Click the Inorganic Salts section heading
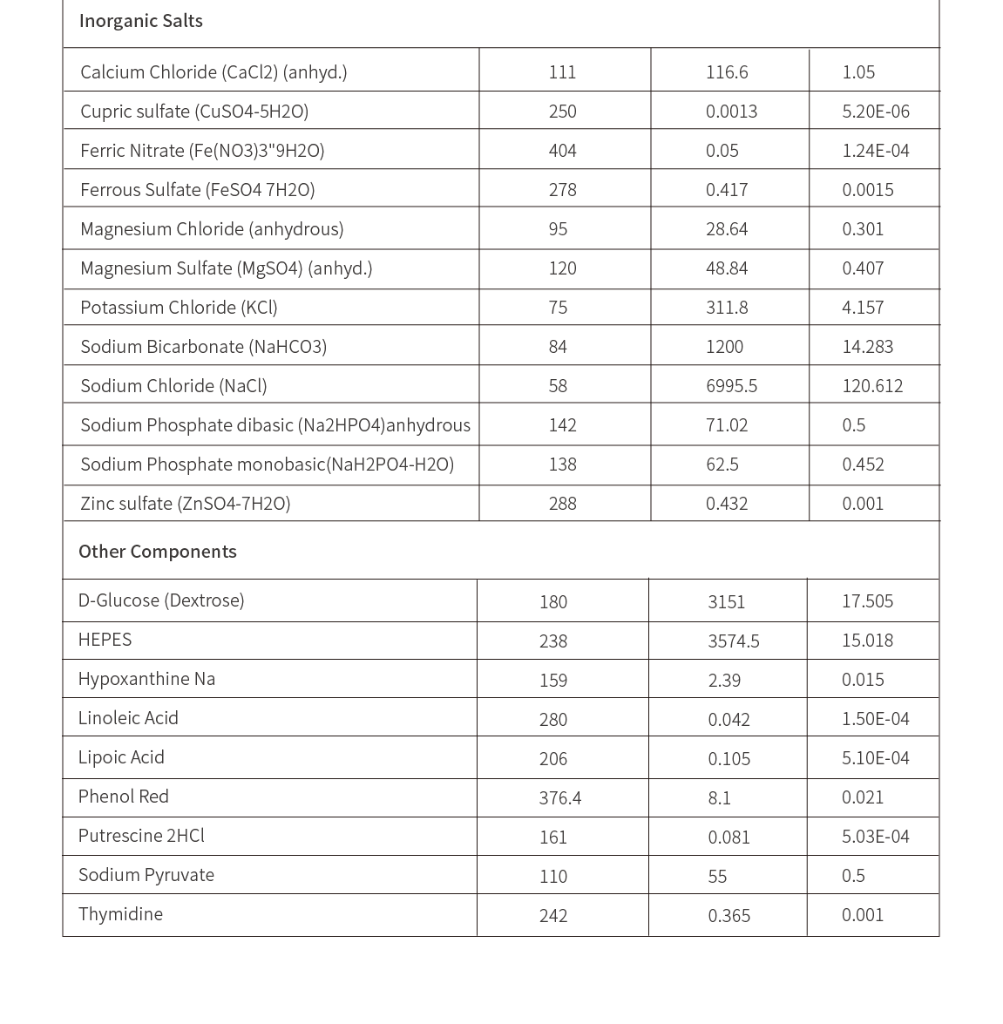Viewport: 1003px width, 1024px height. (x=140, y=21)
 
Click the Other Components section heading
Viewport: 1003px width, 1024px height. (x=157, y=552)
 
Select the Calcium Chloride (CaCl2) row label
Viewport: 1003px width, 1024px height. (x=213, y=72)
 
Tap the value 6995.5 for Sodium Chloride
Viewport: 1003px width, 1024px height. (x=731, y=386)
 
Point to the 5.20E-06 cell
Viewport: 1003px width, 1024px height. (x=875, y=112)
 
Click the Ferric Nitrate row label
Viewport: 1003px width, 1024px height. (x=202, y=151)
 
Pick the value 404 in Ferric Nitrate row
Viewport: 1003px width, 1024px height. (x=562, y=151)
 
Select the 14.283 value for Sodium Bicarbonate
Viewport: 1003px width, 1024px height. (x=867, y=347)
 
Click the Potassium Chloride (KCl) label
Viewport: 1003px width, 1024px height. (x=179, y=308)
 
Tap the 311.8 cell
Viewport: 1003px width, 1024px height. (x=727, y=308)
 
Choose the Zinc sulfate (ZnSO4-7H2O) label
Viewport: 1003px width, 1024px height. (x=185, y=504)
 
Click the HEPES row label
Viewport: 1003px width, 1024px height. (x=105, y=640)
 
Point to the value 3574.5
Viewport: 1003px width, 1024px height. (x=733, y=641)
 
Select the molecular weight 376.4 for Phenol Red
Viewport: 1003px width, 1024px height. (x=559, y=798)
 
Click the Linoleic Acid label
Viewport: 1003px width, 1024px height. (x=128, y=718)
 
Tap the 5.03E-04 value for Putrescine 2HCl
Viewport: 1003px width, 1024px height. (x=875, y=837)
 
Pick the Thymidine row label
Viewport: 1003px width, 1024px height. (x=120, y=914)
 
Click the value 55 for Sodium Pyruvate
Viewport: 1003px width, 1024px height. (x=717, y=877)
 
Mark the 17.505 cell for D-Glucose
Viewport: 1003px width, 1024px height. (x=867, y=601)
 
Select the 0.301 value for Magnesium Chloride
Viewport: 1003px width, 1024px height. (x=863, y=229)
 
